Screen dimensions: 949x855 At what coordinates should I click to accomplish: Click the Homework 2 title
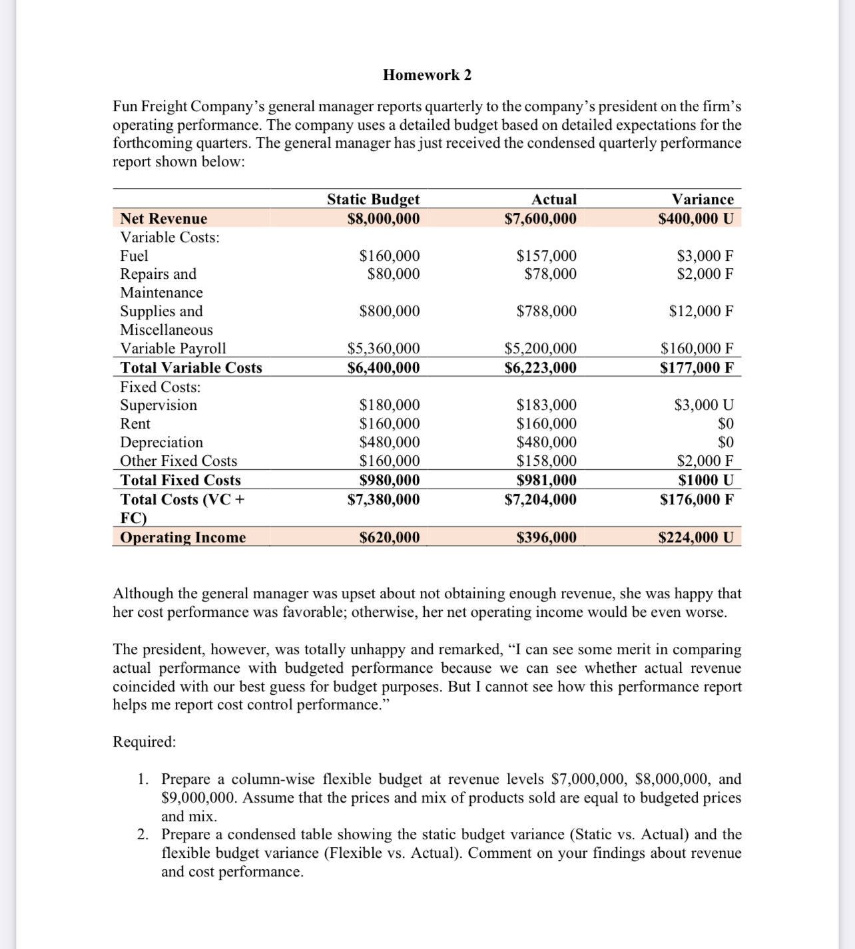pos(427,75)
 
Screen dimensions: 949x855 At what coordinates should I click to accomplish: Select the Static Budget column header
pos(373,199)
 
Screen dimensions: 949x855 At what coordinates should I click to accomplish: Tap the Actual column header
pos(553,199)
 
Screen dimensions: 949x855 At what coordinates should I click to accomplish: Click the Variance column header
pos(702,199)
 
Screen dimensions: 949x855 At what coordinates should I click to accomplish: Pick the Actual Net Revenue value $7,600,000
pos(540,218)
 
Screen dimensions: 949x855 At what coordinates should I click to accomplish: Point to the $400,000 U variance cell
pos(695,218)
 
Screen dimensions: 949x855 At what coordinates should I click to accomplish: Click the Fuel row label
pos(134,256)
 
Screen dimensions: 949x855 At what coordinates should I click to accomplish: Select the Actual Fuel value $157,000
pos(546,256)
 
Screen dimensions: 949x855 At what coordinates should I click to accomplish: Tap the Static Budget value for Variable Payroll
pos(384,348)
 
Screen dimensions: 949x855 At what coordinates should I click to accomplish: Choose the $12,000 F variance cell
pos(701,311)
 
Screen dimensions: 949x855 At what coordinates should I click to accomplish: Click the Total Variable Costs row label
pos(191,367)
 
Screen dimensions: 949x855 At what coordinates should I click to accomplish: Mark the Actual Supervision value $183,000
pos(546,405)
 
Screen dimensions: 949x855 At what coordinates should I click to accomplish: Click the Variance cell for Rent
pos(725,423)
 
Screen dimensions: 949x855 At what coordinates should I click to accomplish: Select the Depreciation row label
pos(161,442)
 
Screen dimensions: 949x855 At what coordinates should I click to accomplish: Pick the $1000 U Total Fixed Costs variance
pos(705,480)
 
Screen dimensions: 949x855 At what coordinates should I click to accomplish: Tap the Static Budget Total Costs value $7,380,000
pos(384,499)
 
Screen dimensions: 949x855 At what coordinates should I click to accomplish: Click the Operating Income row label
pos(183,537)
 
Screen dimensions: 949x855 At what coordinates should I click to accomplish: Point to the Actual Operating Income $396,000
pos(546,537)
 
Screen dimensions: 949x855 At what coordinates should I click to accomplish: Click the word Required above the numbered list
pos(144,741)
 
